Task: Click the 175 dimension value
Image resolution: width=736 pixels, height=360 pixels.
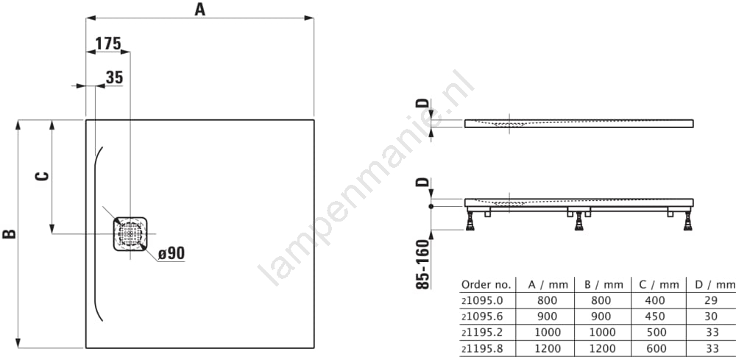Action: (x=108, y=43)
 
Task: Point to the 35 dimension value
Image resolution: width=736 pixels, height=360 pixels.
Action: (x=114, y=77)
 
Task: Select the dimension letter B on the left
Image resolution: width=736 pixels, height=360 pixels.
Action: (x=10, y=233)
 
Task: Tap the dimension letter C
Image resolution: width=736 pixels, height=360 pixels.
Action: (x=42, y=177)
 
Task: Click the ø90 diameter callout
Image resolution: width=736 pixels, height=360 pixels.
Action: (x=171, y=253)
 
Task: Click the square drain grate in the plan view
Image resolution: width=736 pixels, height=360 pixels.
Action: (x=130, y=233)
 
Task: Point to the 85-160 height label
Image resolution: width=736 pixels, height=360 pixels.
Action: (x=423, y=264)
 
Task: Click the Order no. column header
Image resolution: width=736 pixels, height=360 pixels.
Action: (x=486, y=284)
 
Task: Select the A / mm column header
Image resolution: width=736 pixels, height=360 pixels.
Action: (x=548, y=284)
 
